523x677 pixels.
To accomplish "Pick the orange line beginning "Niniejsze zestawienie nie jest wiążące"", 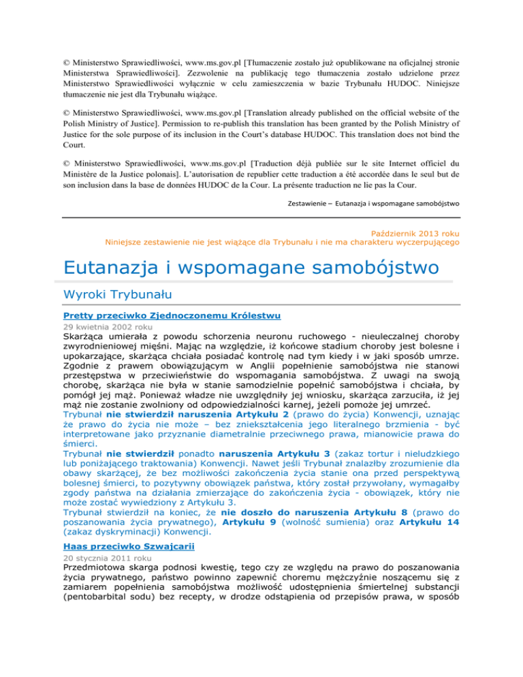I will point(283,241).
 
